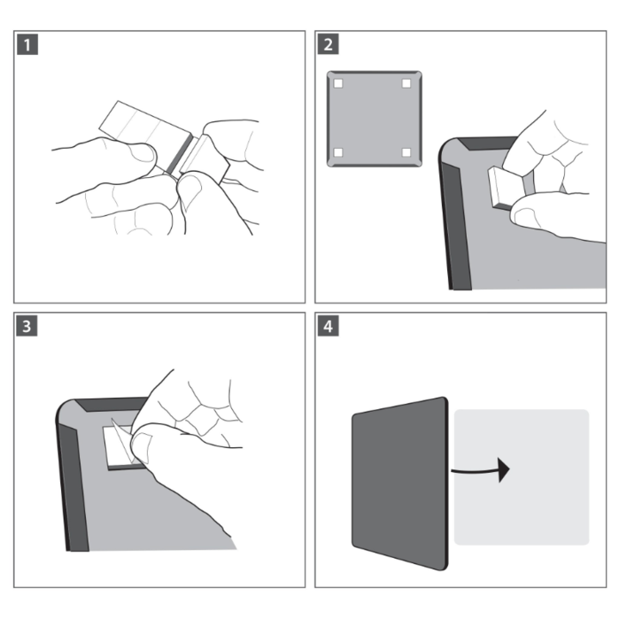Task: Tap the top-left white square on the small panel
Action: [339, 84]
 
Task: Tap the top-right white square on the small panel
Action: [407, 84]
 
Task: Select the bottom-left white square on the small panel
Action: [339, 152]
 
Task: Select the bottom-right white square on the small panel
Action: [407, 152]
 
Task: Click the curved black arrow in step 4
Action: [481, 469]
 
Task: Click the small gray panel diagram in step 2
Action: [373, 119]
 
